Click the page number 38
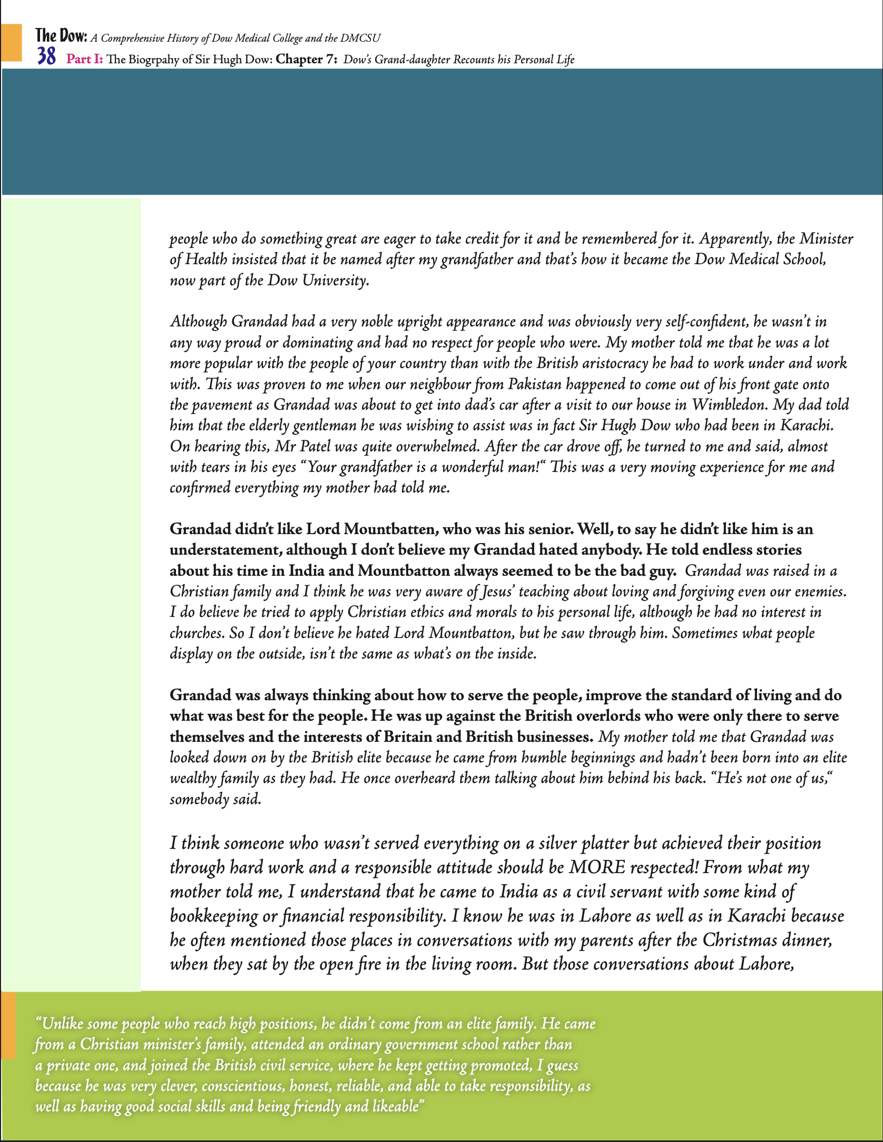pos(46,56)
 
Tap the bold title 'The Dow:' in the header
pos(61,36)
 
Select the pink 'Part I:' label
pos(84,59)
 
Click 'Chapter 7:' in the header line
pos(307,59)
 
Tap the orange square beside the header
pos(12,42)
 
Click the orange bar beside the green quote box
pos(8,1025)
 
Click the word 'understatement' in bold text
pos(225,550)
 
